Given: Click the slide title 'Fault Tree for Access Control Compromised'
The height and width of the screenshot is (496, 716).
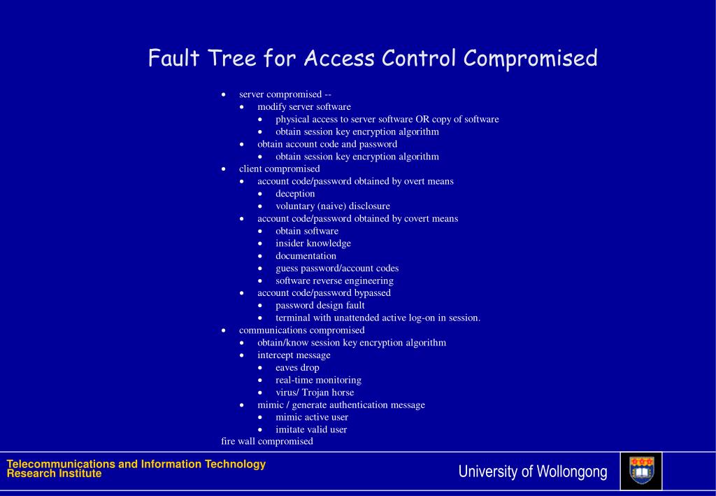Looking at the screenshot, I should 373,58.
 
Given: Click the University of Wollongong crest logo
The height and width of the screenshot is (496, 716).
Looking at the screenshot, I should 641,471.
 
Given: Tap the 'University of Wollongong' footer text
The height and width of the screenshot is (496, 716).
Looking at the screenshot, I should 533,472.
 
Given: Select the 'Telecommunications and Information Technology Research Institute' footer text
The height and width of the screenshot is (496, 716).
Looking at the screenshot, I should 136,469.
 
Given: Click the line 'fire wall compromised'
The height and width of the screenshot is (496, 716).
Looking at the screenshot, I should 267,441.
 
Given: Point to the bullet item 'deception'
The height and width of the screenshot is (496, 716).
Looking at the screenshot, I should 295,194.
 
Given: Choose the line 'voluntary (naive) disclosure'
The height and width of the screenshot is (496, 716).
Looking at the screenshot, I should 332,206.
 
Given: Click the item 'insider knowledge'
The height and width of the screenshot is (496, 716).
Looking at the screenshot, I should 313,243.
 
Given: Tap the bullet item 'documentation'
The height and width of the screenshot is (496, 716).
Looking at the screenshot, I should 306,256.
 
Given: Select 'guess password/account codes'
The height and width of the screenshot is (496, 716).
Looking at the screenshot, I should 337,269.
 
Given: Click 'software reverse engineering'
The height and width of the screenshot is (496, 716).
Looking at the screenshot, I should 334,281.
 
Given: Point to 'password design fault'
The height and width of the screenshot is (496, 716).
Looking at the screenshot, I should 320,306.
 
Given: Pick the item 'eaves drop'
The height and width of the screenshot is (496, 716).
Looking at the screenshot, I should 297,368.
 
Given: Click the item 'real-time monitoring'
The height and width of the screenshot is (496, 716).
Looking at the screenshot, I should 318,381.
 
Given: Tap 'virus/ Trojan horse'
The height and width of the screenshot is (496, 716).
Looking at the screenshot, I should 315,392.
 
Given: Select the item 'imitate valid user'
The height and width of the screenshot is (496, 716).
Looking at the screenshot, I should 311,430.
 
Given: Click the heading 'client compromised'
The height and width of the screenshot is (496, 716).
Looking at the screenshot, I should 279,169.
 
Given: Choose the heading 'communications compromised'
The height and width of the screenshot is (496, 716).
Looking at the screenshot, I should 301,330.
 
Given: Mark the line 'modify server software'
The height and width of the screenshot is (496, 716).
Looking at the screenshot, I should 303,107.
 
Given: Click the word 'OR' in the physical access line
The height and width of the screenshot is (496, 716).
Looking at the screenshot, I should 422,120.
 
